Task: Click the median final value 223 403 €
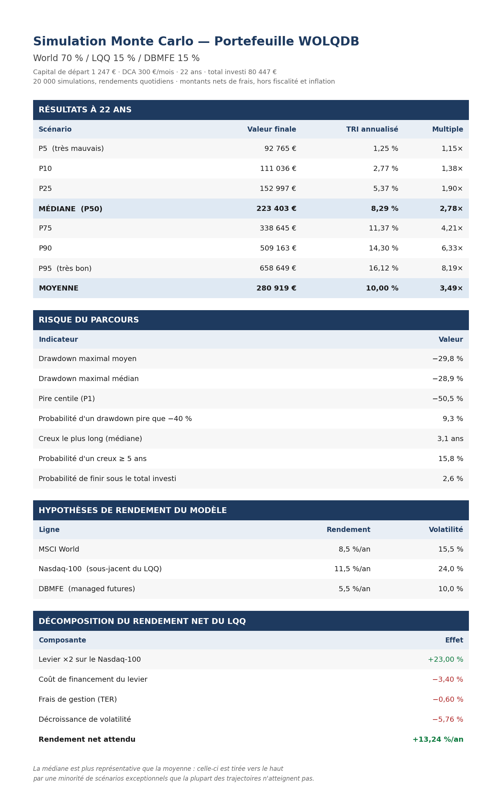(x=276, y=209)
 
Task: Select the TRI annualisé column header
(x=372, y=129)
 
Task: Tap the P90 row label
(x=45, y=248)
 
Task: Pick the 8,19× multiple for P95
(x=452, y=268)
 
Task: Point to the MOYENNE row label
(x=59, y=288)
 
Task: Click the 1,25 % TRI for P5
(x=386, y=149)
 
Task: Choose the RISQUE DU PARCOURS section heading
(x=89, y=320)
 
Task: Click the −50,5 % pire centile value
(x=447, y=399)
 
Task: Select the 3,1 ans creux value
(x=450, y=439)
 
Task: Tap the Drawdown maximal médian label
(x=89, y=379)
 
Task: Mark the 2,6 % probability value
(x=453, y=479)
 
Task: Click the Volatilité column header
(x=446, y=530)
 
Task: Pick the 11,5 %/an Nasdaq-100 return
(x=352, y=569)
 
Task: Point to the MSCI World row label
(x=59, y=549)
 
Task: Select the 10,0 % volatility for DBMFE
(x=451, y=589)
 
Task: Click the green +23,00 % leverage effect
(x=446, y=660)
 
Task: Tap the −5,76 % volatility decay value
(x=448, y=720)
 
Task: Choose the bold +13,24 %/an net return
(x=438, y=740)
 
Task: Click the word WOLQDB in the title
(x=329, y=41)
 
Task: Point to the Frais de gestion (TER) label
(x=78, y=700)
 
